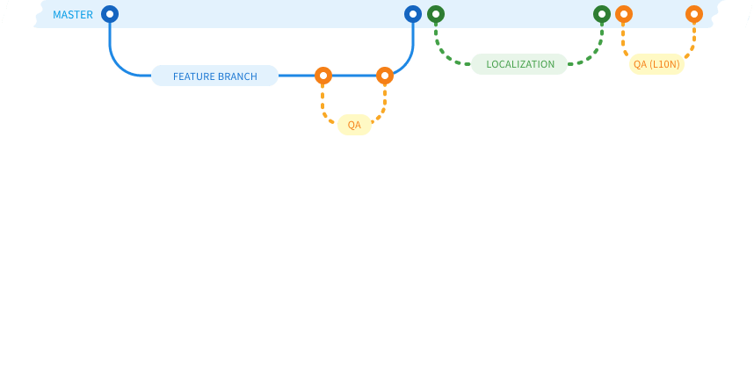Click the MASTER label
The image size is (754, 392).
click(x=73, y=15)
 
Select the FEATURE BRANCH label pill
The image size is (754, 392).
click(x=214, y=76)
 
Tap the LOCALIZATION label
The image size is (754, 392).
click(x=519, y=64)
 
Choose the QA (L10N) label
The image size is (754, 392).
click(x=656, y=64)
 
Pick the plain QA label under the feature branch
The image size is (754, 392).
click(x=354, y=125)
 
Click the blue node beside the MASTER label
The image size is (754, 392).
click(x=110, y=14)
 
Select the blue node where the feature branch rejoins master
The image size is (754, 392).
click(x=413, y=14)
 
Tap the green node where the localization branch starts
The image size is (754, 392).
click(x=436, y=14)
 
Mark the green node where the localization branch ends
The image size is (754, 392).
click(x=602, y=14)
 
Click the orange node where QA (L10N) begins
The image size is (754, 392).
click(x=624, y=14)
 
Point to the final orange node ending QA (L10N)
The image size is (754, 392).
click(x=694, y=14)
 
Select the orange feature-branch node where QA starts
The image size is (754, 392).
click(x=323, y=76)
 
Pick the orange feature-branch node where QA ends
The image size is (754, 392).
click(x=385, y=76)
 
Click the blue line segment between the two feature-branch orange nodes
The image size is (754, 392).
click(x=354, y=76)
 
